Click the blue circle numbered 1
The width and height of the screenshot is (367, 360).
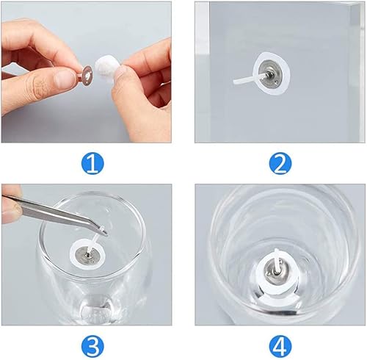pyautogui.click(x=92, y=163)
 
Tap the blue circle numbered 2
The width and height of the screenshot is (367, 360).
pyautogui.click(x=280, y=163)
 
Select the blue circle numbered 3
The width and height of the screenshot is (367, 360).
pyautogui.click(x=92, y=347)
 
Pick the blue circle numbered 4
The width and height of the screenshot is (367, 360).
pyautogui.click(x=280, y=347)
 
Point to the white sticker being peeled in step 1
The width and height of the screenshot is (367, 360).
pyautogui.click(x=105, y=65)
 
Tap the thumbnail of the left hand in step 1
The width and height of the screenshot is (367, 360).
pyautogui.click(x=64, y=79)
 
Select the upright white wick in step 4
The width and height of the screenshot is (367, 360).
pyautogui.click(x=277, y=260)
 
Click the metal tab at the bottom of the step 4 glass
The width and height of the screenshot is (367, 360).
pyautogui.click(x=277, y=270)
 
